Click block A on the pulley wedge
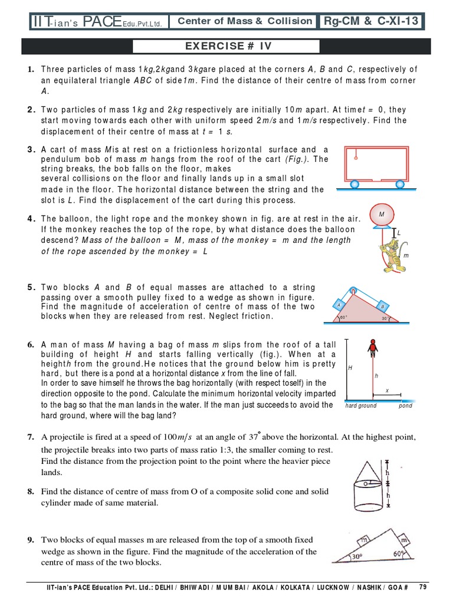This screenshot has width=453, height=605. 339,305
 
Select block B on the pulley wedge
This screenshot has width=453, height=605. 382,307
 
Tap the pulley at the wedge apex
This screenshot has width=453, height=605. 353,291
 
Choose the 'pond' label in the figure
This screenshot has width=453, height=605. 405,406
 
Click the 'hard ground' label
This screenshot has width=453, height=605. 361,406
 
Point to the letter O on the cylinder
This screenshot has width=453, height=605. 366,483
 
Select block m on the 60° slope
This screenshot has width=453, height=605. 405,541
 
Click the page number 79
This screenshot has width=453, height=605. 422,587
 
